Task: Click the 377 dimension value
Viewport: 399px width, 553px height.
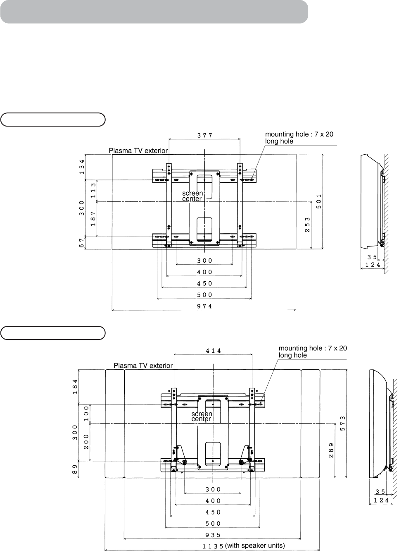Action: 205,135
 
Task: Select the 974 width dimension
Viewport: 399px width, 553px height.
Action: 204,306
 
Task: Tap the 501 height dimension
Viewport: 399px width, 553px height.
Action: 319,201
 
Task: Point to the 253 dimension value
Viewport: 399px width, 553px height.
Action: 307,225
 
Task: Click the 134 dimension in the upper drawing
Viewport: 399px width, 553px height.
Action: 82,167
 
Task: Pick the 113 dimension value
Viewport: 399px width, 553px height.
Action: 93,190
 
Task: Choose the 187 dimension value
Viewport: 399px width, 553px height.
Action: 93,219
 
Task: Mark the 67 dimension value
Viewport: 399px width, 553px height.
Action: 82,243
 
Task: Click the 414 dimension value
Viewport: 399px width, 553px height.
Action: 213,351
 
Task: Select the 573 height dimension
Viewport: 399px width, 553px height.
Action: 342,424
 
